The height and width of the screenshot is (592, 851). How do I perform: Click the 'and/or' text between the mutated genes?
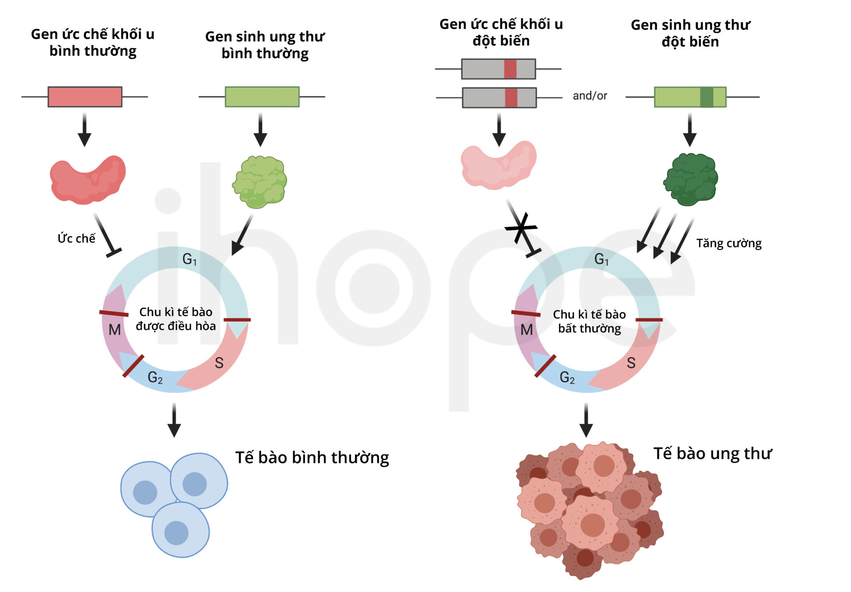coord(589,96)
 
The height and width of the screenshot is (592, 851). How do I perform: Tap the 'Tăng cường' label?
coord(729,243)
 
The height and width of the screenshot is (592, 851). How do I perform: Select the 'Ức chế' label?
coord(76,238)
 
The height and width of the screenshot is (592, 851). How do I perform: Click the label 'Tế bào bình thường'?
coord(312,457)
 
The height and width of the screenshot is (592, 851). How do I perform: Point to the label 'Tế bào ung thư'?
coord(712,453)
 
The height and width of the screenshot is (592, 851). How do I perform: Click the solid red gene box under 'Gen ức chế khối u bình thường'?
coord(85,97)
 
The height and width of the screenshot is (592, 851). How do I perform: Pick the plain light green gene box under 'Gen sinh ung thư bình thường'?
coord(262,97)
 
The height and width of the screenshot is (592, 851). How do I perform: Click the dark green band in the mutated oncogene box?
coord(707,97)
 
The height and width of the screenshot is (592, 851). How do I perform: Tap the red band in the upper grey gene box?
coord(510,69)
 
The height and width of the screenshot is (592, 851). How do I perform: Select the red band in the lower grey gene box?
coord(511,97)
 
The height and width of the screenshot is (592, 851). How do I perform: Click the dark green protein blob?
coord(690,179)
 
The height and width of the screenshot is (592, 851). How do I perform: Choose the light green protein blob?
coord(260,182)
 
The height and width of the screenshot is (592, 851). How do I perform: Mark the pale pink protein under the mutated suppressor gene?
coord(498,166)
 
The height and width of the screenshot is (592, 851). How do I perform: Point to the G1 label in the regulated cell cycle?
coord(189,259)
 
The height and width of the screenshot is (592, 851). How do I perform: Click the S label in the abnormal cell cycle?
coord(631,363)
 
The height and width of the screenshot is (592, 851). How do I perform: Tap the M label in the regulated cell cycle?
coord(115,330)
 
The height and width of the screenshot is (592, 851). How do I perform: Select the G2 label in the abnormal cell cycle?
coord(567,378)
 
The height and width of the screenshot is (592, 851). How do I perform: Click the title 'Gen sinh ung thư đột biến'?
coord(690,33)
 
